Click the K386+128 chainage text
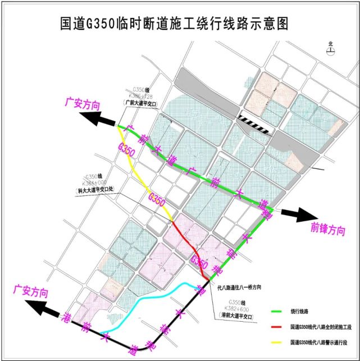[x=140, y=96]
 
